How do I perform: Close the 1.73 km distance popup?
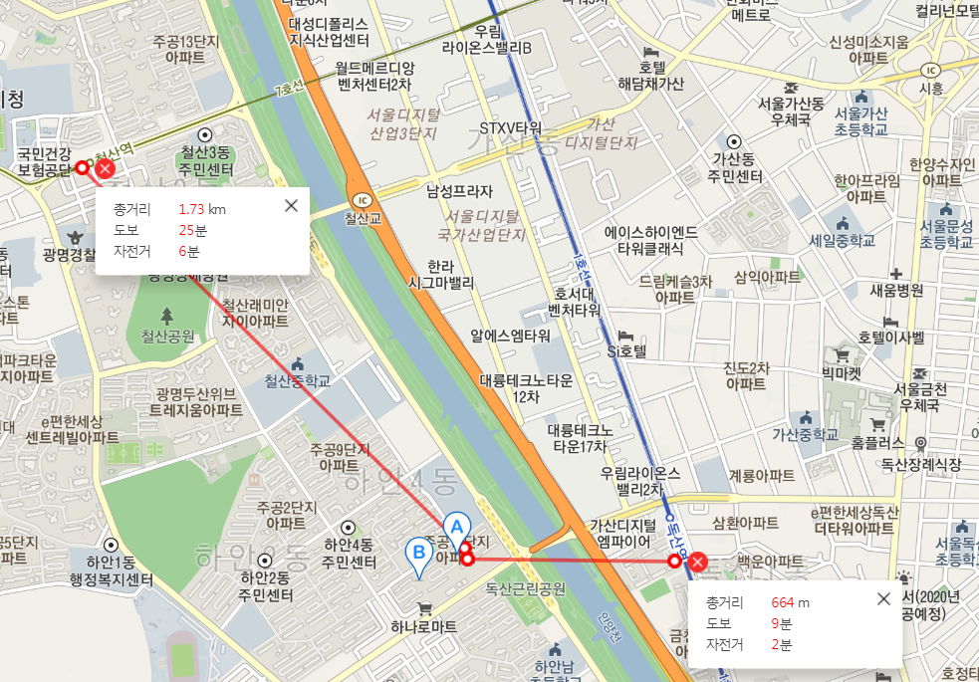click(291, 206)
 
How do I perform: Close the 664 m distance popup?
click(883, 598)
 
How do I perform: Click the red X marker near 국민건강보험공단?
click(103, 169)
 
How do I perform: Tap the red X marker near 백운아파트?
click(698, 563)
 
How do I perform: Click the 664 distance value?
click(782, 602)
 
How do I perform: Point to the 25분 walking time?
click(192, 230)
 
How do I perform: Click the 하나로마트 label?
click(423, 626)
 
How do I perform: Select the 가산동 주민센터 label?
click(735, 168)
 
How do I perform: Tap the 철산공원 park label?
click(167, 336)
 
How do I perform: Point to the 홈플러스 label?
click(878, 441)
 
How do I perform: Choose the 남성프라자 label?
click(459, 190)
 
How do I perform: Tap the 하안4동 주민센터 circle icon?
click(349, 527)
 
